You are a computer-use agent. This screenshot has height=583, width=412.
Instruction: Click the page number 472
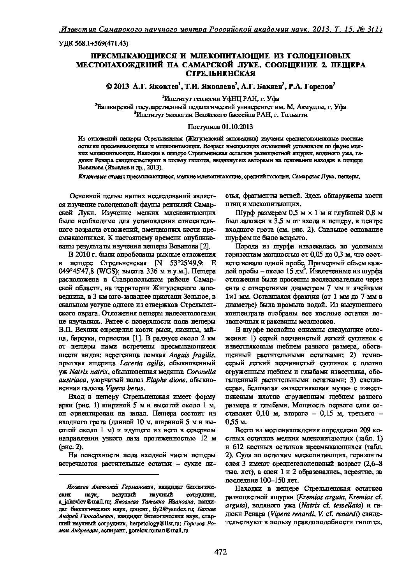(220, 551)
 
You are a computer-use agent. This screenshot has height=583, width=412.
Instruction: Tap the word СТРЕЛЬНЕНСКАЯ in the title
(220, 73)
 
